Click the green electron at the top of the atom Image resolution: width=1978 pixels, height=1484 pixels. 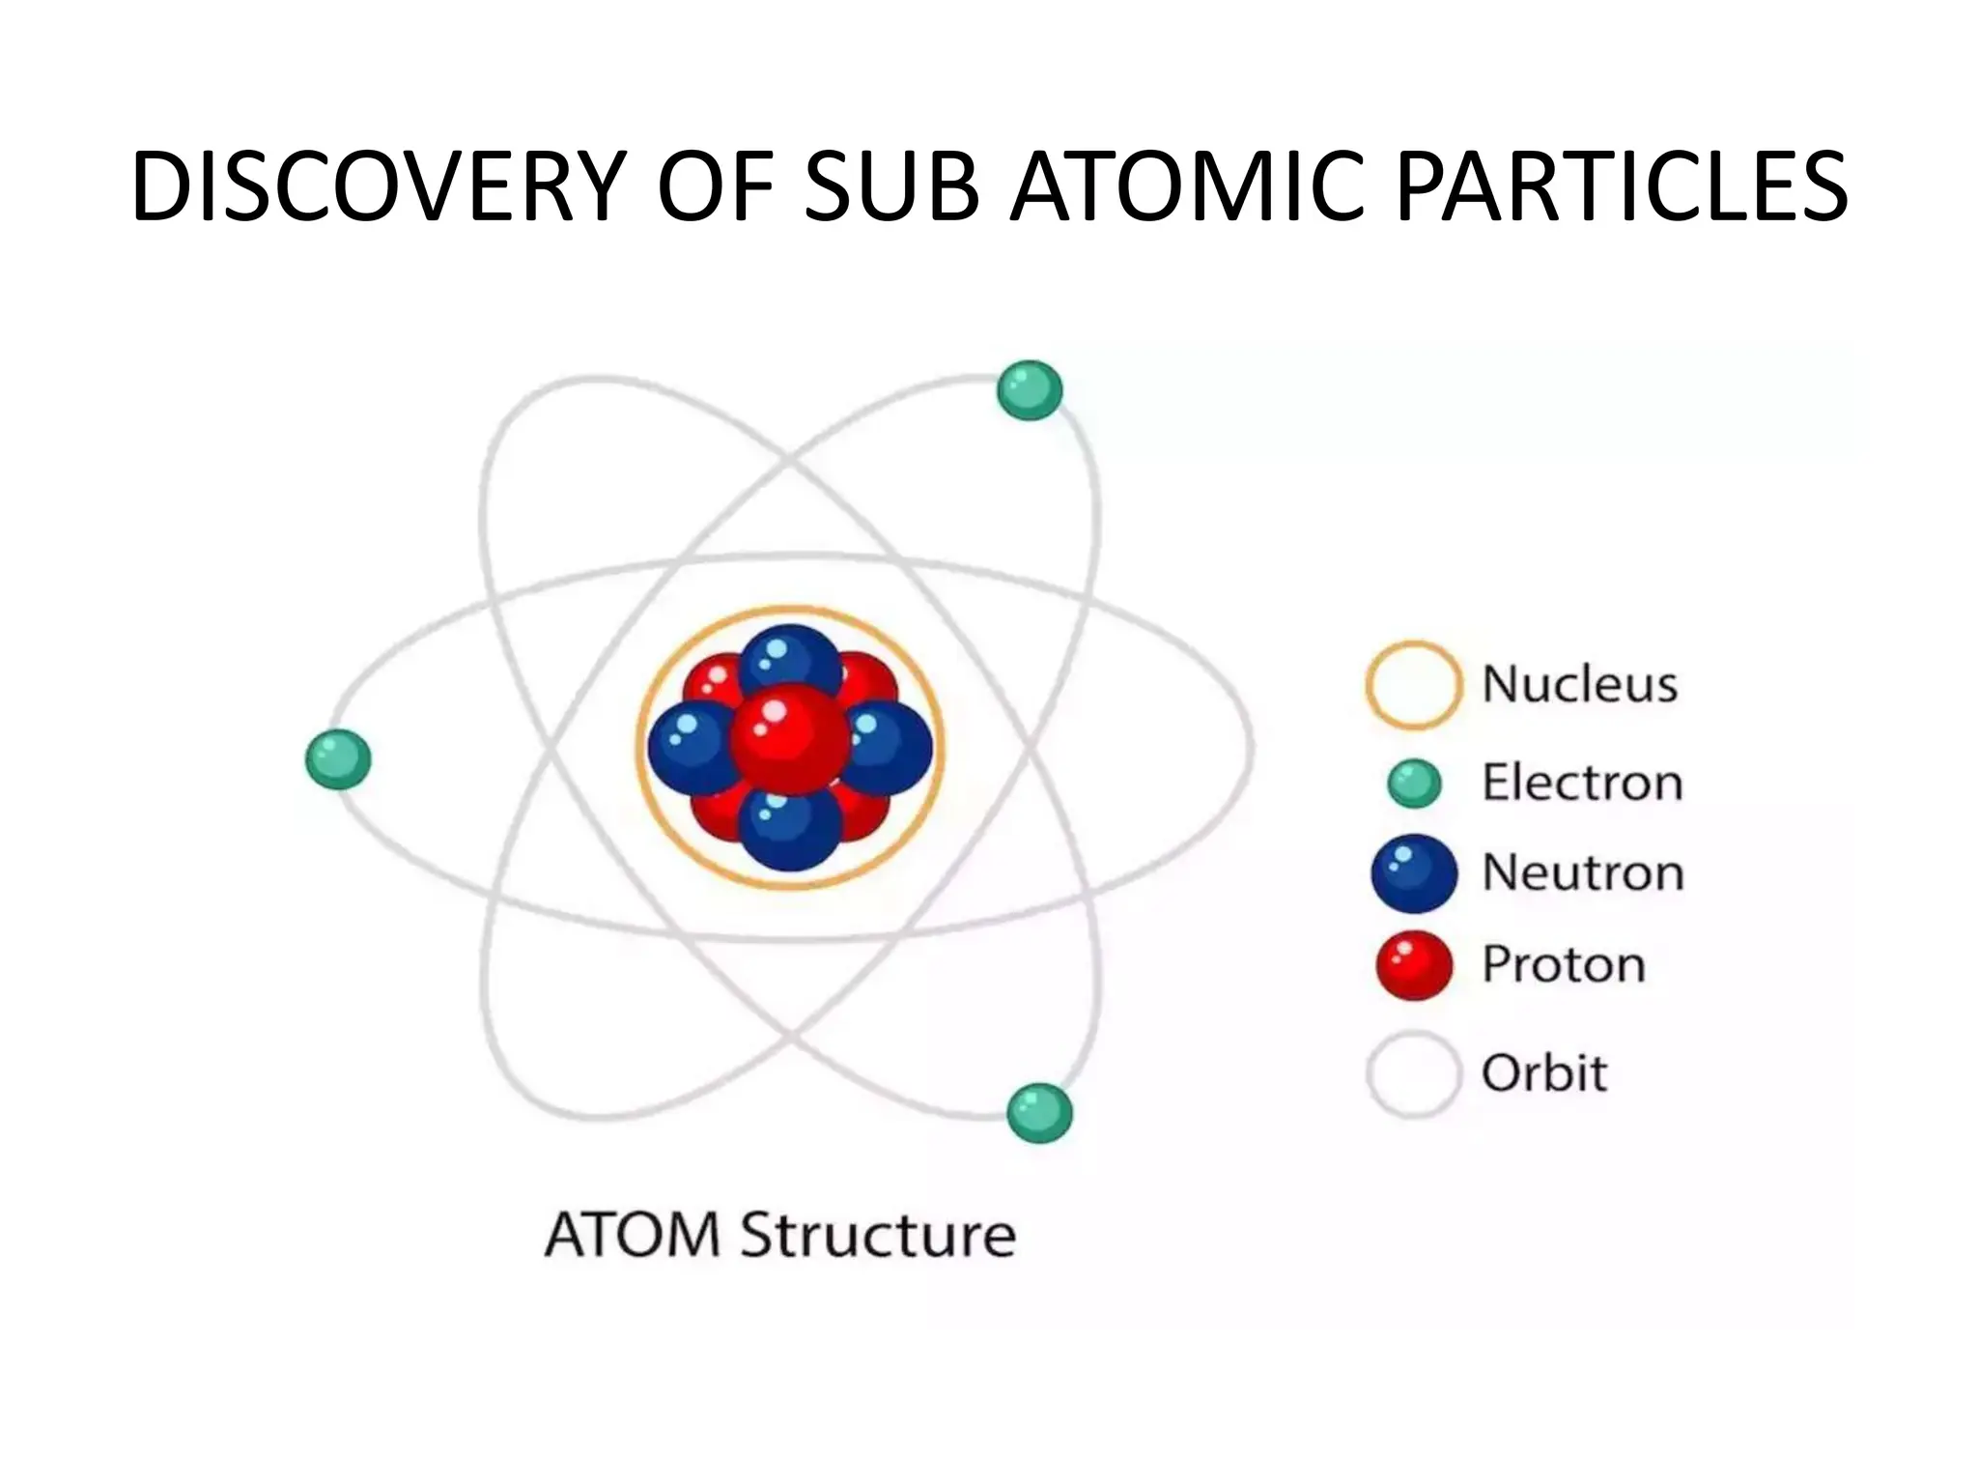coord(1030,390)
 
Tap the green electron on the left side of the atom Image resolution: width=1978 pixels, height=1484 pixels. coord(338,758)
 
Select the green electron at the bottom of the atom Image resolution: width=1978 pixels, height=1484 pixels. coord(1039,1113)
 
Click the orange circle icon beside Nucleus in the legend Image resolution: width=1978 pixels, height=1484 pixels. coord(1412,684)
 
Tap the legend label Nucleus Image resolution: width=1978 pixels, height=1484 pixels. coord(1579,684)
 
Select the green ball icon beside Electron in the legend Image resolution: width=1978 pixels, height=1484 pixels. coord(1414,783)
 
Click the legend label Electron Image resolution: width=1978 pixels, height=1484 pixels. coord(1582,783)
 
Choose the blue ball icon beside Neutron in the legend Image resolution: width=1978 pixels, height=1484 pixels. coord(1414,872)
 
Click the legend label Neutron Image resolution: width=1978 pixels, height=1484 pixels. coord(1582,872)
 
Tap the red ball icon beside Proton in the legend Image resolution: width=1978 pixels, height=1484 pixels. coord(1414,964)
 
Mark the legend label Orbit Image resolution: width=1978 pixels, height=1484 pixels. coord(1543,1073)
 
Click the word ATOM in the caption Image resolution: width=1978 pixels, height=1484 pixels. coord(633,1235)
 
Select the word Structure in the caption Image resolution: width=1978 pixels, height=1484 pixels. coord(877,1235)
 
